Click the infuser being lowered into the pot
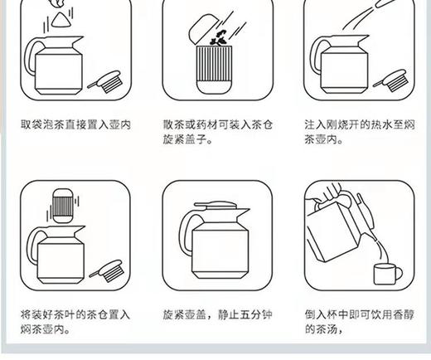(63, 205)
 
